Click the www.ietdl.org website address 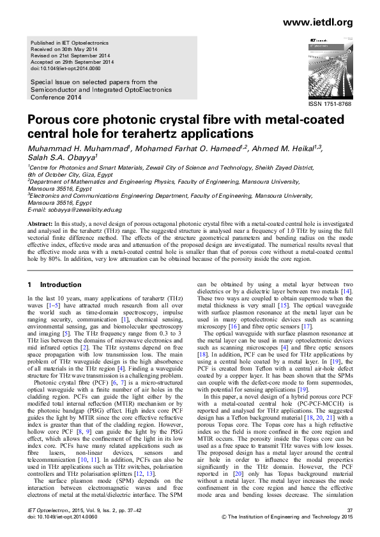click(321, 23)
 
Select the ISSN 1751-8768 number click(330, 104)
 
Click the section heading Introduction click(69, 284)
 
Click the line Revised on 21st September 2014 click(70, 55)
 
